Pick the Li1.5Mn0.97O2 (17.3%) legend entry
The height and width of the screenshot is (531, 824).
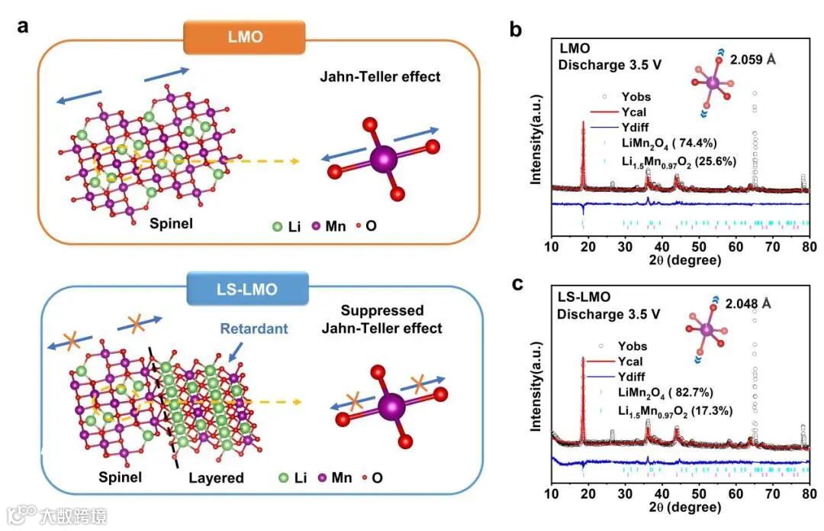tap(676, 410)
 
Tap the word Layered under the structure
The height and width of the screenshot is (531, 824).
tap(216, 478)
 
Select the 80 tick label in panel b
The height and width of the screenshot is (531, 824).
tap(810, 246)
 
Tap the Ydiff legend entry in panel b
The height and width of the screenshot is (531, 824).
tap(639, 129)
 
